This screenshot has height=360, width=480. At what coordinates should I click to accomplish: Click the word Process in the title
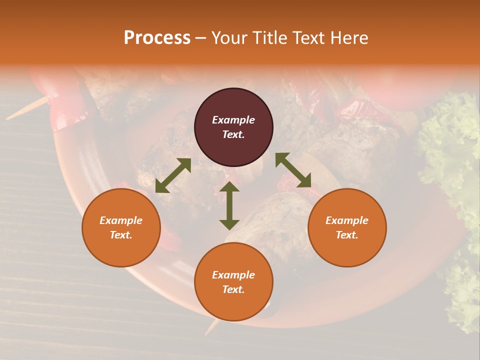[157, 38]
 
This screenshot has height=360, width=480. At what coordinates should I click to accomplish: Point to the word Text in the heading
[307, 38]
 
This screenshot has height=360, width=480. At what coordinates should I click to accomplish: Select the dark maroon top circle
[233, 127]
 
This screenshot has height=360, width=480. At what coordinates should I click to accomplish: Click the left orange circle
[121, 227]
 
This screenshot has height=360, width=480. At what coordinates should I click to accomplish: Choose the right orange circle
[347, 227]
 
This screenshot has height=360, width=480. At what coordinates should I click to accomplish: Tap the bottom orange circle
[233, 282]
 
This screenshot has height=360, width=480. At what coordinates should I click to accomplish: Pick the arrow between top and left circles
[173, 175]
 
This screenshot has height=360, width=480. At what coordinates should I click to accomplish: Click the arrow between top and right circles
[293, 170]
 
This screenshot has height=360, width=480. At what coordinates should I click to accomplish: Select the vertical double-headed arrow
[229, 206]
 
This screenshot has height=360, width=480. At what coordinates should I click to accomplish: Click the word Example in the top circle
[233, 120]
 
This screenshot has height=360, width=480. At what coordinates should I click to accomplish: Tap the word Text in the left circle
[121, 235]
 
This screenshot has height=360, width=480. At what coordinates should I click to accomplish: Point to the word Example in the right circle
[347, 220]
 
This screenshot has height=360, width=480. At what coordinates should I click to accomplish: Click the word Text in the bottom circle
[233, 289]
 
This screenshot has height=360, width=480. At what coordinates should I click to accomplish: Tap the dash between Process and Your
[201, 38]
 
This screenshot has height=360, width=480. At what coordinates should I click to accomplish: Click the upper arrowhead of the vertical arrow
[229, 186]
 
